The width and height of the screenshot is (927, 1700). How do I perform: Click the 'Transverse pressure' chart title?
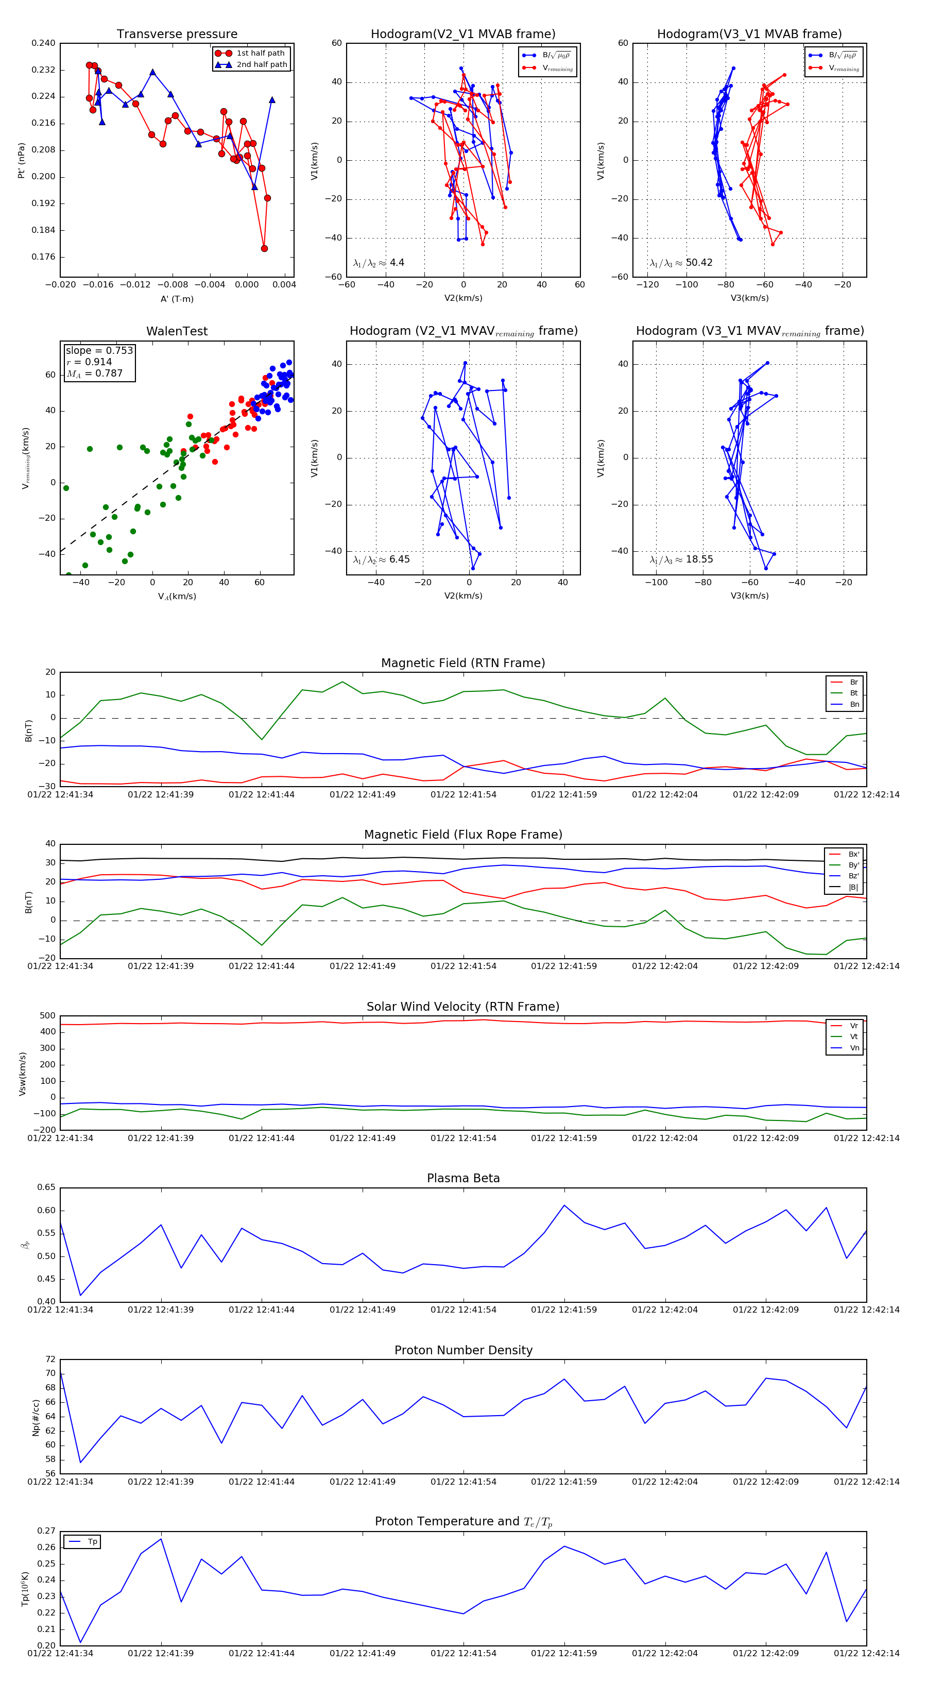177,35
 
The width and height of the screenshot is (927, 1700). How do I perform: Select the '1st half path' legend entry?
260,53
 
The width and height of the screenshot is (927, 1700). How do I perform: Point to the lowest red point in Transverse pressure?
264,249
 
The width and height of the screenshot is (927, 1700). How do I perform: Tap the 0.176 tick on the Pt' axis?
44,257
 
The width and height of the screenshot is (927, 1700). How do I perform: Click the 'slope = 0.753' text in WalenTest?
99,350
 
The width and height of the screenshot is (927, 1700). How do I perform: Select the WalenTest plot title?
177,331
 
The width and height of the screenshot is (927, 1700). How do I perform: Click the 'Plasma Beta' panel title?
463,1179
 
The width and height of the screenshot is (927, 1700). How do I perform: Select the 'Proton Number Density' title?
463,1350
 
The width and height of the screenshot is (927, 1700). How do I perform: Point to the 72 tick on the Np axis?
51,1359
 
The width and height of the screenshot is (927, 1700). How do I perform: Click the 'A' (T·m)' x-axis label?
177,299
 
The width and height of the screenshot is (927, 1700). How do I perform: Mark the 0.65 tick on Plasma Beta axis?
46,1187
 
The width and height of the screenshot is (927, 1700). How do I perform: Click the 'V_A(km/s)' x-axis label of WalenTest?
177,597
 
